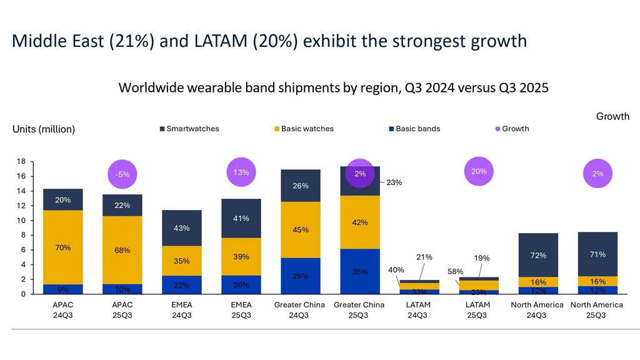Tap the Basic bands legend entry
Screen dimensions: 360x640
414,129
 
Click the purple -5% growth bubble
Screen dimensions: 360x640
122,174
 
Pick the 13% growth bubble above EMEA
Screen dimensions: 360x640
241,172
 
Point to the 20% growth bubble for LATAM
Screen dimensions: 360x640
479,171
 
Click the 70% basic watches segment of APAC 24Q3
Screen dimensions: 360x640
62,247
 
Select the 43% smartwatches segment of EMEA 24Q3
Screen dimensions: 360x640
182,228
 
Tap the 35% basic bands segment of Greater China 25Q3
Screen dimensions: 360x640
360,272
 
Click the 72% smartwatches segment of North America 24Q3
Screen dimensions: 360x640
538,255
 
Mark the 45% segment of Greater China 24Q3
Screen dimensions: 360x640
301,229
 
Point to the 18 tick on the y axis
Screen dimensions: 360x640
21,162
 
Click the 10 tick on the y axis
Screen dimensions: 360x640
21,221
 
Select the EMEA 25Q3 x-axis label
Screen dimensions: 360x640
241,310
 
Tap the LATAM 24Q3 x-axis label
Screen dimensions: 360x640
417,310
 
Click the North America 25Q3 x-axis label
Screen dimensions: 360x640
597,310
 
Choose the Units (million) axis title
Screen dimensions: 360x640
44,129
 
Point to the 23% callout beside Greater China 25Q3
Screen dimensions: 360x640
394,182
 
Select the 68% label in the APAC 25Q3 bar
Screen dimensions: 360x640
122,251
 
